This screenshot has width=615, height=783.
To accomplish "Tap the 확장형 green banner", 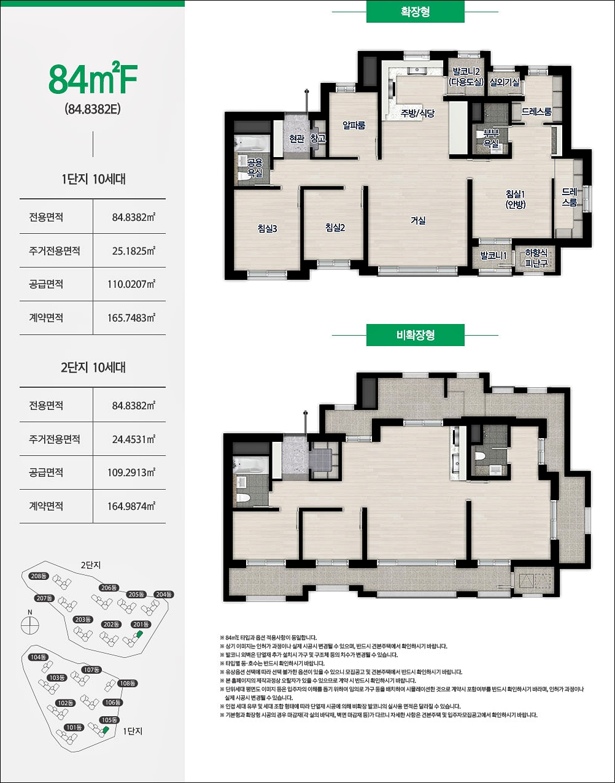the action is pos(415,12).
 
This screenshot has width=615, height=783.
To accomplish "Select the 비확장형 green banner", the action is pos(415,335).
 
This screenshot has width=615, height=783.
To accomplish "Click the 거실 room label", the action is pos(418,220).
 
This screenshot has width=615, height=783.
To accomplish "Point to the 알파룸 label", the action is pos(354,125).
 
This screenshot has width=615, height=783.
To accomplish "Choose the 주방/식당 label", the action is pos(417,113).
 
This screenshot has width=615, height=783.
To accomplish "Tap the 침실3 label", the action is pos(267,228).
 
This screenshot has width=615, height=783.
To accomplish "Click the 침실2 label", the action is pos(335,228).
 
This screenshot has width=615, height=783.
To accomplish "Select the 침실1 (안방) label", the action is pos(516,199).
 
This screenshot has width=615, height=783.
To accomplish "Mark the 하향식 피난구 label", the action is pos(536,258).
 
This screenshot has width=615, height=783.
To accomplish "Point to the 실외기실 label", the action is pos(505,82).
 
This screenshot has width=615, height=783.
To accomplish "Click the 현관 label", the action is pos(296,138).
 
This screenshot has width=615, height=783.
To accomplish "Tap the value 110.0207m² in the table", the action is pos(131,284).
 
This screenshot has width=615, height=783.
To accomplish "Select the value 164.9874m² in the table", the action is pos(131,506).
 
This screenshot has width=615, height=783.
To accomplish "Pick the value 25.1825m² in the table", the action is pos(133,251).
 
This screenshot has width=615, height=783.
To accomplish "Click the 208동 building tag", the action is pos(39,576).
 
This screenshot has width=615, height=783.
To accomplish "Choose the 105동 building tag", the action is pos(109,720).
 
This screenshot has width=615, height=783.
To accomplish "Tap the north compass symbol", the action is pos(30,625).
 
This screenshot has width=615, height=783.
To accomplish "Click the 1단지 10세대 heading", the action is pos(93,179).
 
